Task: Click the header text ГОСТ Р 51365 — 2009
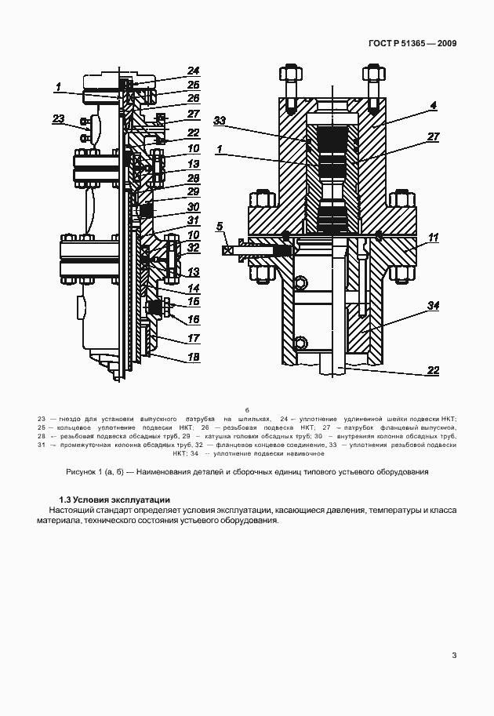click(412, 43)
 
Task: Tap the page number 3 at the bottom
click(454, 656)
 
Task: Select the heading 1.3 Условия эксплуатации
click(114, 500)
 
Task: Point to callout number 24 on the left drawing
click(193, 70)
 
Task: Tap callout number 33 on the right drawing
click(220, 120)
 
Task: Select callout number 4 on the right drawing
click(433, 104)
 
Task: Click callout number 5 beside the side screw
click(220, 227)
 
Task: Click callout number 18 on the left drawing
click(193, 357)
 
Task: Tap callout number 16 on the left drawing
click(193, 319)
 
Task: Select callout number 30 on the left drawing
click(193, 207)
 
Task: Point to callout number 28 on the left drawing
click(193, 178)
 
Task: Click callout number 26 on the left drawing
click(193, 99)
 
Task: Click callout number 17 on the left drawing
click(193, 339)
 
